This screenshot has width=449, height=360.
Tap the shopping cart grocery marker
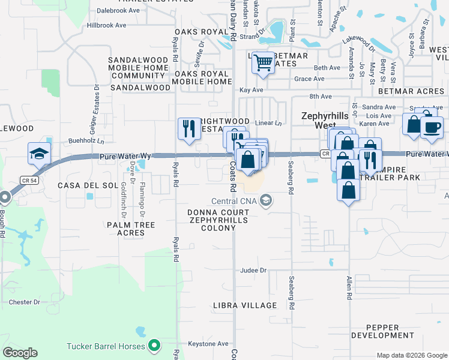pyautogui.click(x=263, y=62)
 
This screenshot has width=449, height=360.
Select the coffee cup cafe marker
pyautogui.click(x=432, y=127)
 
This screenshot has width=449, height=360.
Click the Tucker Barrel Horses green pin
pyautogui.click(x=154, y=346)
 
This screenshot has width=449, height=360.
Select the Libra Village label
pyautogui.click(x=245, y=305)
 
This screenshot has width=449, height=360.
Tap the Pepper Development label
pyautogui.click(x=382, y=331)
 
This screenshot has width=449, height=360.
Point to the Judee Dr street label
pyautogui.click(x=254, y=271)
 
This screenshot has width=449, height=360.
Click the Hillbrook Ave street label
pyautogui.click(x=106, y=26)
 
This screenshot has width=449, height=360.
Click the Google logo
pyautogui.click(x=20, y=353)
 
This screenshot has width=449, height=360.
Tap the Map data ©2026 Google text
pyautogui.click(x=411, y=355)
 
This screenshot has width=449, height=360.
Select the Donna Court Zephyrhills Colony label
pyautogui.click(x=218, y=220)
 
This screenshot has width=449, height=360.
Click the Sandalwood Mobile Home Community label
pyautogui.click(x=137, y=68)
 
